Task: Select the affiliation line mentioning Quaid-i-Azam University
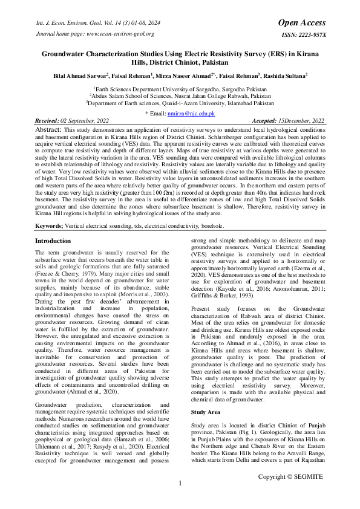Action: click(180, 103)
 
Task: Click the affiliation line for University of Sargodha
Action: click(180, 88)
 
